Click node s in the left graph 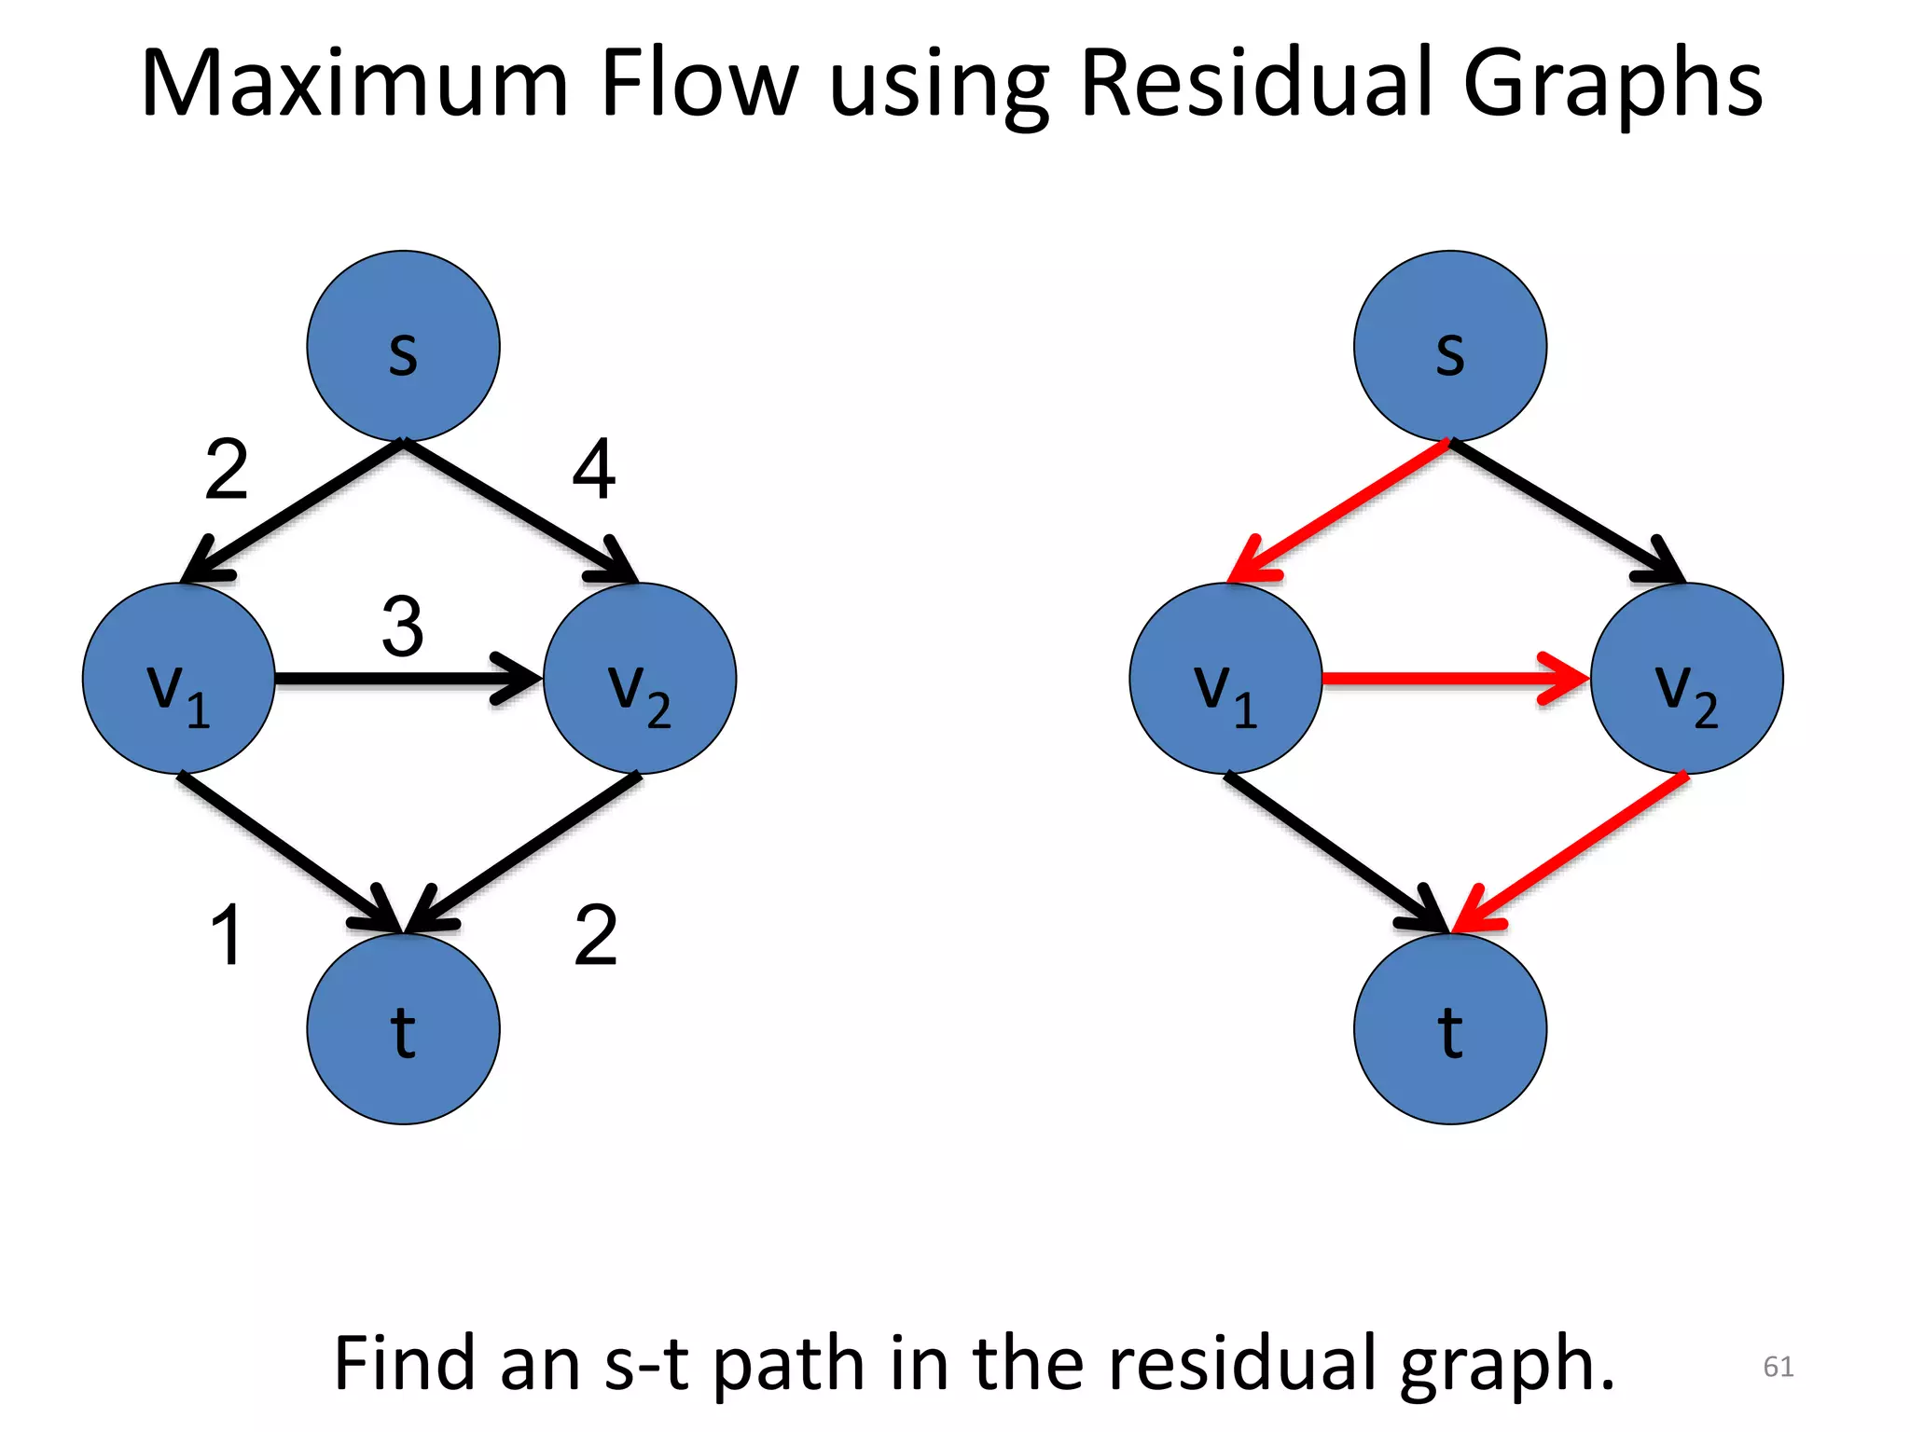click(403, 346)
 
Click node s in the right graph click(1449, 346)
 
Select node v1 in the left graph click(179, 679)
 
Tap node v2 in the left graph click(640, 679)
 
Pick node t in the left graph click(403, 1029)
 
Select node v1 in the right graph click(1225, 679)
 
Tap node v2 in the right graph click(1686, 679)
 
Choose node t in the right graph click(1449, 1029)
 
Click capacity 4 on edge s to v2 click(594, 470)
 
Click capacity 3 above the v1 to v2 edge click(403, 626)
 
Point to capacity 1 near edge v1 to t click(227, 935)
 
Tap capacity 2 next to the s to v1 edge click(227, 470)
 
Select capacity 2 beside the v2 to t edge click(595, 935)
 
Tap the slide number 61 click(1778, 1366)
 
